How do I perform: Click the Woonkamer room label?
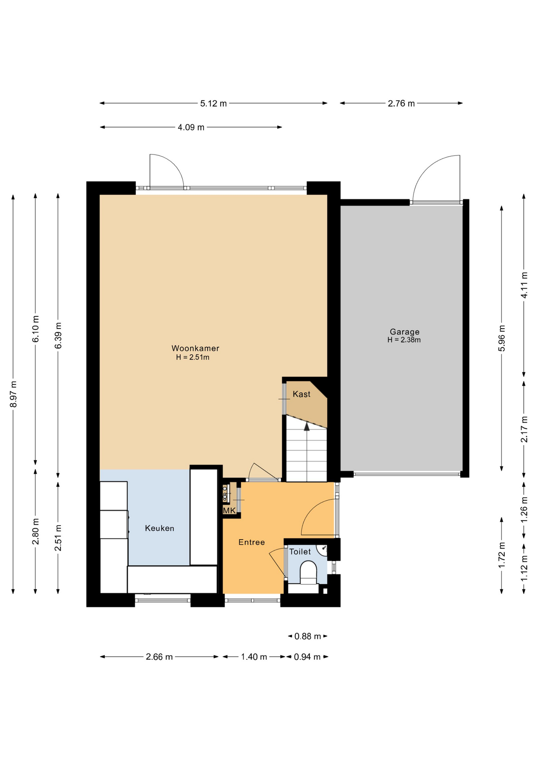pyautogui.click(x=195, y=348)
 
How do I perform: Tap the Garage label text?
pyautogui.click(x=404, y=332)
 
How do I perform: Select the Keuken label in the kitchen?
pyautogui.click(x=159, y=528)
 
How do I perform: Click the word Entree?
pyautogui.click(x=251, y=542)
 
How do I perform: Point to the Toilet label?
pyautogui.click(x=300, y=551)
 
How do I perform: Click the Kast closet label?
pyautogui.click(x=301, y=394)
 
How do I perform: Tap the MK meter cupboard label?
pyautogui.click(x=229, y=511)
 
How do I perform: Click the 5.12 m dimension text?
pyautogui.click(x=213, y=103)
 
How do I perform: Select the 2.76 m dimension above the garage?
pyautogui.click(x=401, y=103)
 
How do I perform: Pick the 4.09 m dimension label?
pyautogui.click(x=191, y=127)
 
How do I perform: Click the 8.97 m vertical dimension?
pyautogui.click(x=13, y=394)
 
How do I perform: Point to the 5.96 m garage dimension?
pyautogui.click(x=502, y=338)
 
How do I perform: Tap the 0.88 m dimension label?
pyautogui.click(x=308, y=636)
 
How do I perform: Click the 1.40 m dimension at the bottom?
pyautogui.click(x=254, y=657)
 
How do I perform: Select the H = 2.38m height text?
pyautogui.click(x=404, y=340)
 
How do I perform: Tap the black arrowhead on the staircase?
pyautogui.click(x=306, y=426)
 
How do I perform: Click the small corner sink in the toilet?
pyautogui.click(x=323, y=549)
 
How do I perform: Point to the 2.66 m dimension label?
pyautogui.click(x=159, y=657)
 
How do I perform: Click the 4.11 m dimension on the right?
pyautogui.click(x=524, y=285)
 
